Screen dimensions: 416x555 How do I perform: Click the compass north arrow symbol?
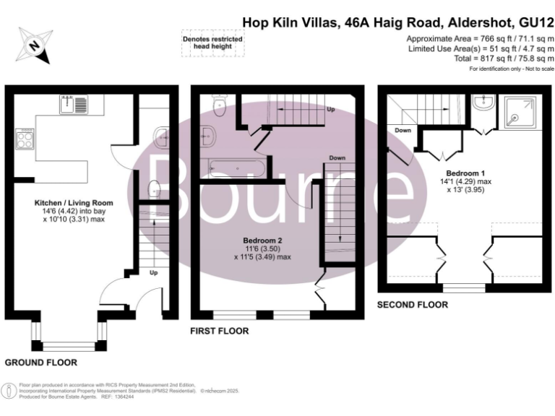33,44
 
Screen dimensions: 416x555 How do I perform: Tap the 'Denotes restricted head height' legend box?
212,43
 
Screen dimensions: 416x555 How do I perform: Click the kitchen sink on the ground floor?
73,105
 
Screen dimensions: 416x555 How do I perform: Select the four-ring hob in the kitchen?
24,138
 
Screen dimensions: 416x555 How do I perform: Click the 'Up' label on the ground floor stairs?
152,274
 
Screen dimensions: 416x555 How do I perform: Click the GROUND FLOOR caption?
40,362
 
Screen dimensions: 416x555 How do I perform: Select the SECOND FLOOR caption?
412,305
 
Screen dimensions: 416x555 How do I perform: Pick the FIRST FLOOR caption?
219,331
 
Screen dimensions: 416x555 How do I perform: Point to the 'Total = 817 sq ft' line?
502,58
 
